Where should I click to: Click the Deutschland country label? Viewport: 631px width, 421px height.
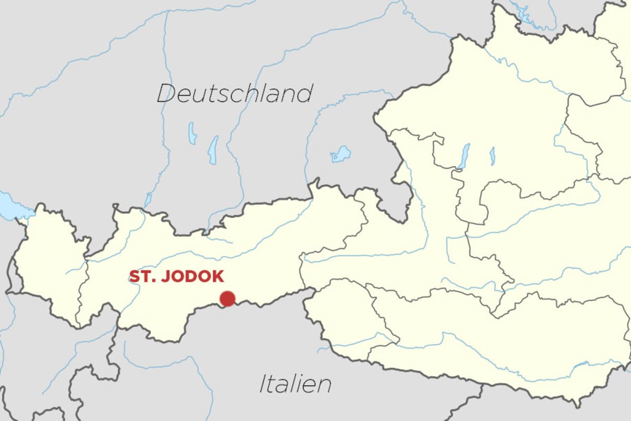point(235,94)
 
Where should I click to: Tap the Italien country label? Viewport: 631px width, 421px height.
point(295,384)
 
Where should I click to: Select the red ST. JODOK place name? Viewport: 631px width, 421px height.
point(177,277)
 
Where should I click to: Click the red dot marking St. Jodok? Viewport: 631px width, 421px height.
point(227,299)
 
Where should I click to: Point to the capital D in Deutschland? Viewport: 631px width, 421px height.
point(166,94)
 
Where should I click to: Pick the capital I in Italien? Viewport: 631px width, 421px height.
point(262,384)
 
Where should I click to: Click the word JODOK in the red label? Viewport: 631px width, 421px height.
point(192,277)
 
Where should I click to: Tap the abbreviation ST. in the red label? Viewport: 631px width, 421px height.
point(141,277)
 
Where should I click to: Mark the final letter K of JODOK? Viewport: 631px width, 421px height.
point(218,277)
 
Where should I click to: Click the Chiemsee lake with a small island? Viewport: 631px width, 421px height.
point(341,154)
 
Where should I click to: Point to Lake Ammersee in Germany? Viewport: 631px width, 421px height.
point(192,134)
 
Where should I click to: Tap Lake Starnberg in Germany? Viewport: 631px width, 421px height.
point(213,149)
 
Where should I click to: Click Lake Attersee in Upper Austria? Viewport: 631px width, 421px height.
point(464,156)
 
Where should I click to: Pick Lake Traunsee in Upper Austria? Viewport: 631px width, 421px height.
point(492,156)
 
